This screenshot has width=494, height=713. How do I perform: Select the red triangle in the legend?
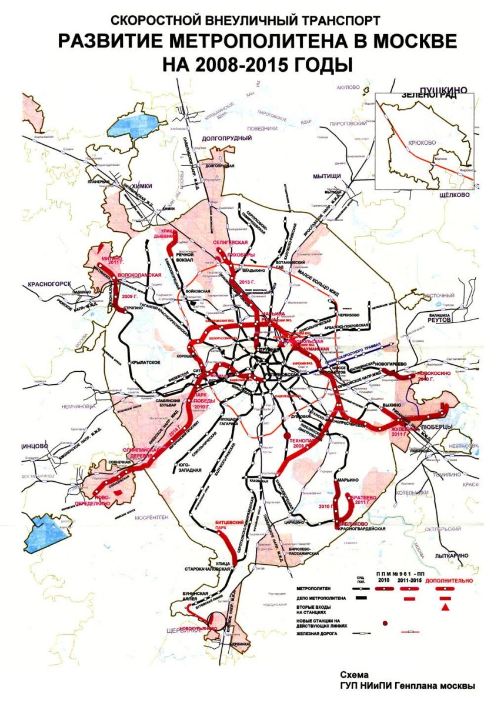[x=446, y=607]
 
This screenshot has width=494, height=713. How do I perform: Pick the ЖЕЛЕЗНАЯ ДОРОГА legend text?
[x=317, y=634]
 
